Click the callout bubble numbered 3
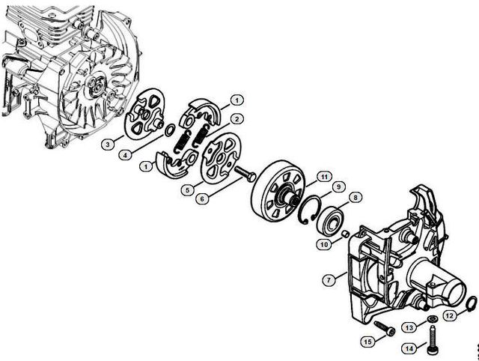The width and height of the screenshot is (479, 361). click(108, 144)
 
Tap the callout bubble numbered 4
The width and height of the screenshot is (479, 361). click(125, 155)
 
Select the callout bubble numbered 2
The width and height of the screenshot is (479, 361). click(237, 119)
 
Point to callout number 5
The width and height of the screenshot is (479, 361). click(188, 190)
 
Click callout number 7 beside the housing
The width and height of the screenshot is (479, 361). click(329, 280)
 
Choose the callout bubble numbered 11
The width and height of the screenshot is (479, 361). click(324, 177)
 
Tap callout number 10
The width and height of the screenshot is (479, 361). click(324, 244)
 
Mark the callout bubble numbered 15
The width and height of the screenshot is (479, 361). click(368, 341)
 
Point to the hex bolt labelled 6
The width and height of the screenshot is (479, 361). click(245, 174)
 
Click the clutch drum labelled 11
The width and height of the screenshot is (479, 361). click(278, 191)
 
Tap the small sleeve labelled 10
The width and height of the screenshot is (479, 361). click(346, 234)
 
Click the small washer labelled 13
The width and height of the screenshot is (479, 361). click(433, 319)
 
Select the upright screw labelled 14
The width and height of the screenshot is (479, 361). click(432, 340)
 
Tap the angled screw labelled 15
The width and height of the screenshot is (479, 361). click(384, 328)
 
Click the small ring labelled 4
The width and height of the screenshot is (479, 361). click(170, 130)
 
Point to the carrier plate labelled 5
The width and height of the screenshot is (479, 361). click(220, 158)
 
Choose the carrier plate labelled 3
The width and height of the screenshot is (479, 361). click(144, 113)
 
